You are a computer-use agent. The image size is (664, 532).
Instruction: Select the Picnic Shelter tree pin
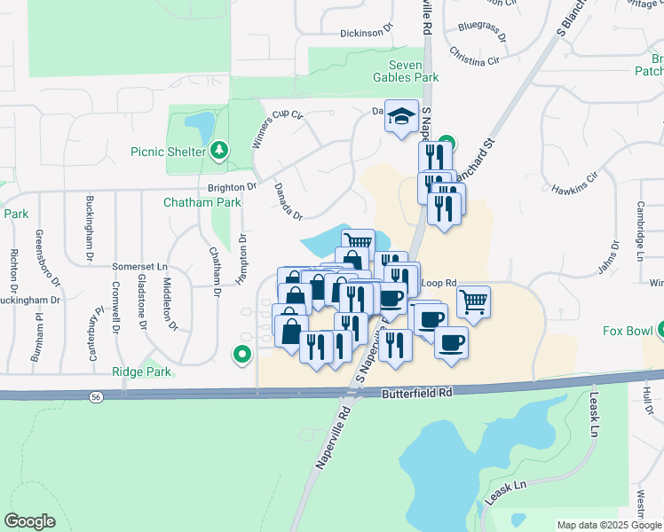(x=218, y=152)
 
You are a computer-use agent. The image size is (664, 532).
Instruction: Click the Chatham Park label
(x=202, y=202)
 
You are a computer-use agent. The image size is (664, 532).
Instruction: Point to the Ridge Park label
(x=142, y=372)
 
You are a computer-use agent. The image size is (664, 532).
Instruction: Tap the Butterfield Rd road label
(x=418, y=391)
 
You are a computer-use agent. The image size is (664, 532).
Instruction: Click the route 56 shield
(x=94, y=398)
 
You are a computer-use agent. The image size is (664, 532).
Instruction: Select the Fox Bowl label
(x=628, y=332)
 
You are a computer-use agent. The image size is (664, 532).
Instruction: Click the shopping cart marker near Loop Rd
(x=474, y=301)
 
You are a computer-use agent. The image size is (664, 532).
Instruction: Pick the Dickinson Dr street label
(x=366, y=33)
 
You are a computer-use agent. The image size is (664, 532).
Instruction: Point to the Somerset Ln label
(x=139, y=266)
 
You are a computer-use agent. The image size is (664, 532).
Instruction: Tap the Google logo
(x=30, y=521)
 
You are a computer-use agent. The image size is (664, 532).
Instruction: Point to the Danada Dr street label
(x=288, y=202)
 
